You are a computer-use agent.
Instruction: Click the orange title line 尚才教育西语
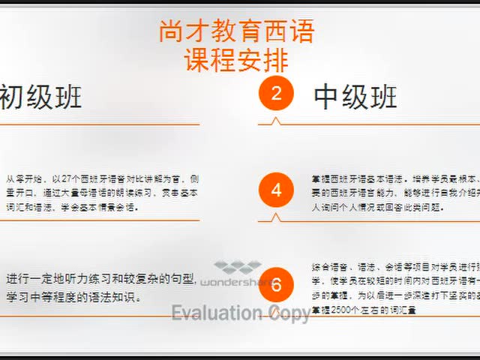236,31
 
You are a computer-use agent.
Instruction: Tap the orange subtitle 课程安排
236,58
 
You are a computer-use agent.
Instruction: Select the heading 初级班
40,97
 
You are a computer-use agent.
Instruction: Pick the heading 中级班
355,97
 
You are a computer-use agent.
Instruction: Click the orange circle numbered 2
276,94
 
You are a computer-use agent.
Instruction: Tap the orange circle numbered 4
276,190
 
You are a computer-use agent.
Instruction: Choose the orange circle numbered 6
276,285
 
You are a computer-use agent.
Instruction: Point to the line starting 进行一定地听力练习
101,280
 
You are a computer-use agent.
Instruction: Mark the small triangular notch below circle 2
276,120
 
